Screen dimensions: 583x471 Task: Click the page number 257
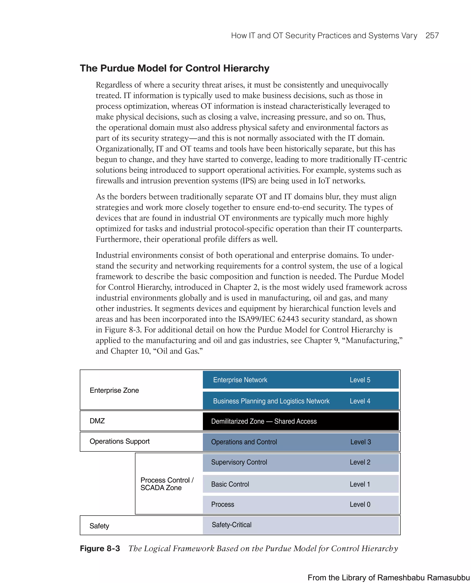pos(432,36)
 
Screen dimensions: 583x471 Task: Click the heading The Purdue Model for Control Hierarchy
pos(175,68)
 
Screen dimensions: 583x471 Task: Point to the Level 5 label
pos(360,380)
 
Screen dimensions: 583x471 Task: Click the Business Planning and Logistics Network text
pos(271,401)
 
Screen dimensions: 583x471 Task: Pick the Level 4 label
pos(360,401)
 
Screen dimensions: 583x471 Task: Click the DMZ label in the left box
pos(97,421)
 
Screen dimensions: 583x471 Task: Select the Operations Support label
pos(119,441)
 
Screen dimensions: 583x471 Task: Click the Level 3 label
pos(360,442)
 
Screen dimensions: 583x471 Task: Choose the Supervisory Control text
pos(239,462)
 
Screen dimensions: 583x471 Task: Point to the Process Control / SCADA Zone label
pos(167,484)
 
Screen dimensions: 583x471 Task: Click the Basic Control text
pos(230,484)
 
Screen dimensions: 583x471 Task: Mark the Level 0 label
pos(360,504)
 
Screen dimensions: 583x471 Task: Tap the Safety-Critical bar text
pos(231,525)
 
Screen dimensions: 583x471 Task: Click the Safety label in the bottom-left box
pos(99,526)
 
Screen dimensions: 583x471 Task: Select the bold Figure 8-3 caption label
pos(100,548)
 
